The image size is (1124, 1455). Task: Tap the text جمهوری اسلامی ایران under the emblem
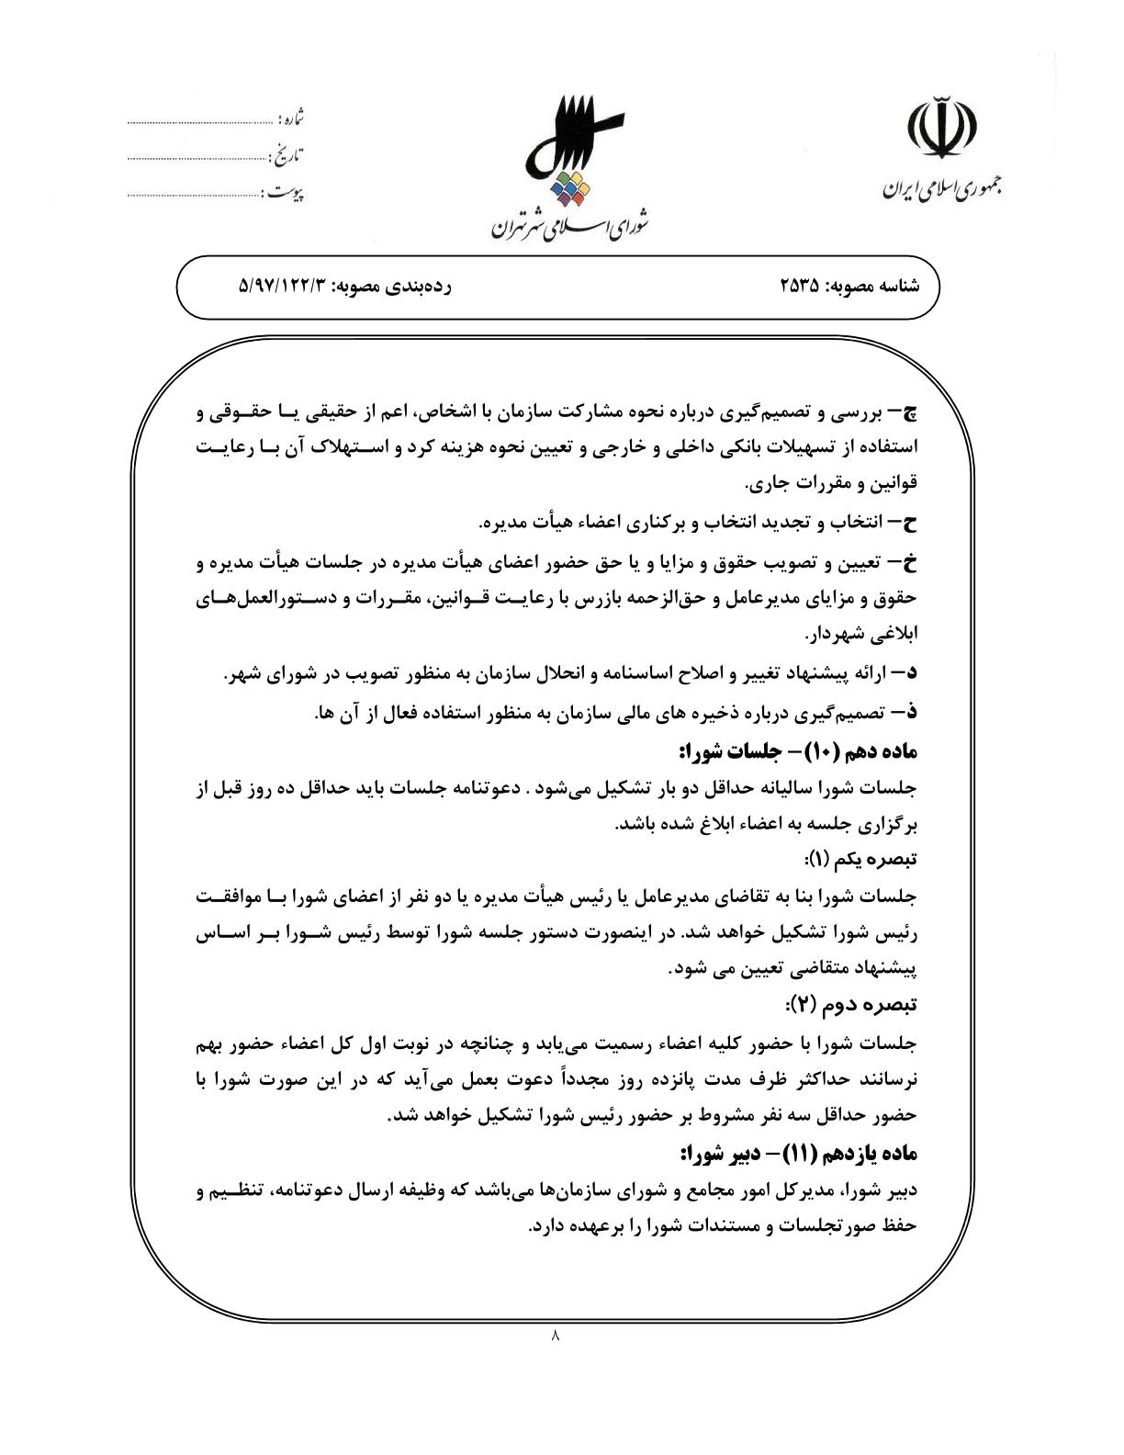[x=942, y=188]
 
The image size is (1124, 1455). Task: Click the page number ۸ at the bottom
[x=554, y=1336]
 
